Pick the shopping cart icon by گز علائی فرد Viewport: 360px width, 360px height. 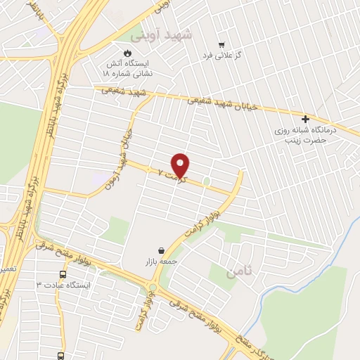[221, 44]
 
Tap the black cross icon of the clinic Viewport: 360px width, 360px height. [305, 119]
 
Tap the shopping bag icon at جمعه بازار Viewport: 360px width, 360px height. [162, 250]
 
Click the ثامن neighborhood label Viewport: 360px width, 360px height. [238, 271]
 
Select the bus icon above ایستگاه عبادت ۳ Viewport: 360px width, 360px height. [63, 274]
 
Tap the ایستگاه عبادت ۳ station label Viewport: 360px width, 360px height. [64, 285]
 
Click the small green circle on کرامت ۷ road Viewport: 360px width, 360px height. [207, 182]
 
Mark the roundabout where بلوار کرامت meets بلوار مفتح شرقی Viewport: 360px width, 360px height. [153, 288]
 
